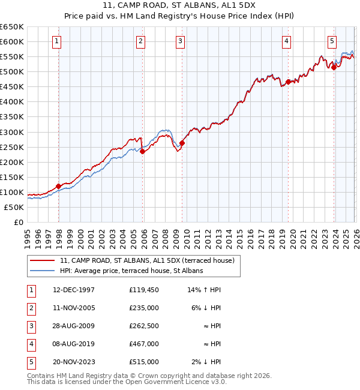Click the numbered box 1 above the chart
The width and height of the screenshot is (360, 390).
click(x=56, y=41)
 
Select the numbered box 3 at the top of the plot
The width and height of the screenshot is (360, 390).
click(x=181, y=41)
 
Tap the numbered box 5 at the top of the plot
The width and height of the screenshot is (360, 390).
click(x=332, y=41)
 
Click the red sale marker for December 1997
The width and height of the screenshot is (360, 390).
click(x=58, y=186)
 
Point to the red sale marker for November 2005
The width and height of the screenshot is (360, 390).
click(x=142, y=152)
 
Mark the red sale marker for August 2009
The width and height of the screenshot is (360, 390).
click(x=182, y=143)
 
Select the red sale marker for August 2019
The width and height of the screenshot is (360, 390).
click(x=288, y=82)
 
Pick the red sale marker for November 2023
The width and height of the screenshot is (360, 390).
click(x=334, y=67)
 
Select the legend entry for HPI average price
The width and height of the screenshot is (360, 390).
click(x=131, y=271)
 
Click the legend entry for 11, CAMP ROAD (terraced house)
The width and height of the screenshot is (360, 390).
click(x=150, y=260)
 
